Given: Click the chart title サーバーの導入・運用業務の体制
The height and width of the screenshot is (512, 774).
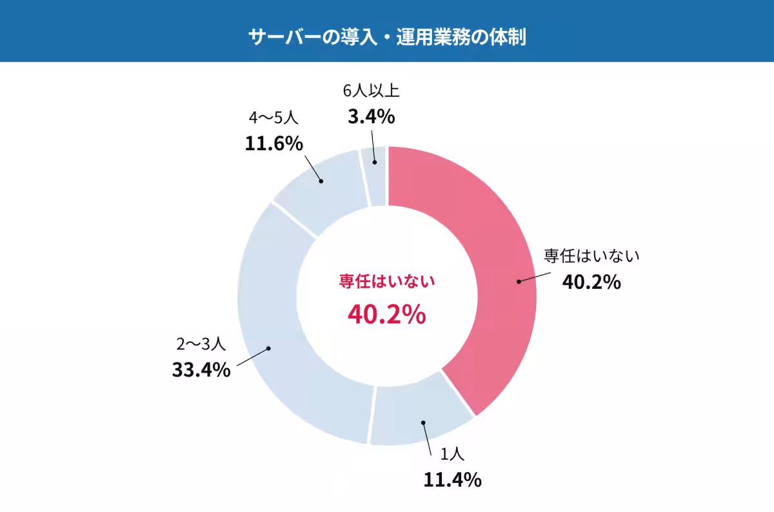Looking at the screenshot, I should pos(387,37).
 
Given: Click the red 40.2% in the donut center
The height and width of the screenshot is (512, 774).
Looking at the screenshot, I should pos(386,314).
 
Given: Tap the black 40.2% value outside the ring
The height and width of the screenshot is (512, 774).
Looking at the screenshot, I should pos(591,282).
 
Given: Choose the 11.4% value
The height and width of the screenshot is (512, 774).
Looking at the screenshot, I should pos(452,480).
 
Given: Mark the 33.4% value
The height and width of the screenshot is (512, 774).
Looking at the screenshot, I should pos(201,370).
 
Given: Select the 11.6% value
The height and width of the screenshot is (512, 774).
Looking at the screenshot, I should pos(273,143).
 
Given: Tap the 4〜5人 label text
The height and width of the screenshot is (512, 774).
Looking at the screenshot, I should pos(273,117).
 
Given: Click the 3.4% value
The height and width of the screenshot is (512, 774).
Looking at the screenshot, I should pos(371,117).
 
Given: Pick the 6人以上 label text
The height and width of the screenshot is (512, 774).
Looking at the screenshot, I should pos(371,91).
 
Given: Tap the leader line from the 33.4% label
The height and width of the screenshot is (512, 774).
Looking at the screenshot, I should pos(252,358).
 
